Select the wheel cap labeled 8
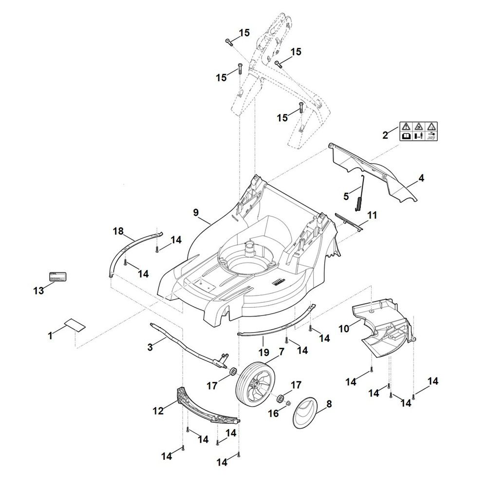(x=306, y=413)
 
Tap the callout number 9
(x=196, y=212)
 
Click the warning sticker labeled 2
(x=418, y=131)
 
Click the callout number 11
(x=372, y=215)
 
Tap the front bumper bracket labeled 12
(x=207, y=404)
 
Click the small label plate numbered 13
(x=58, y=277)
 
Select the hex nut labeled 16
(x=287, y=403)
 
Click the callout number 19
(x=263, y=352)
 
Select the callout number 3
(x=150, y=347)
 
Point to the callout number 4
(x=421, y=179)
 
